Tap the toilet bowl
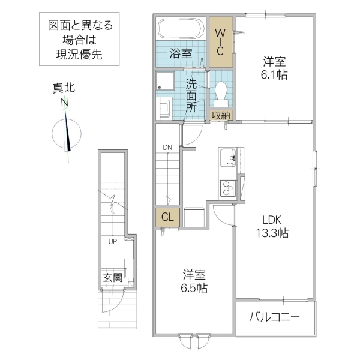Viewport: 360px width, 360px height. click(x=220, y=94)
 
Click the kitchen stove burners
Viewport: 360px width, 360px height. click(x=228, y=189)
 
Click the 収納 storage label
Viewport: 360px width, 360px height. click(x=220, y=115)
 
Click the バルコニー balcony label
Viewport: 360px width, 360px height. click(x=274, y=317)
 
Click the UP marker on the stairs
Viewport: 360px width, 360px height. click(x=112, y=242)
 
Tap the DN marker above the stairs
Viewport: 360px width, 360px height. click(x=167, y=147)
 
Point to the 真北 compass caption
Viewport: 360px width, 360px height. click(x=63, y=88)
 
